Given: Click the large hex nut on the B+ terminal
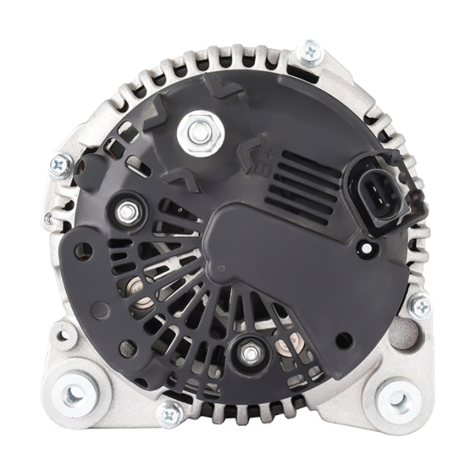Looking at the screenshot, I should coord(195,132).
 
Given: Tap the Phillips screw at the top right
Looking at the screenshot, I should coord(310,52).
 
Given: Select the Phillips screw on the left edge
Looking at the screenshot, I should coord(60,164).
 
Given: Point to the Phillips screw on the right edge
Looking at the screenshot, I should coord(419,305).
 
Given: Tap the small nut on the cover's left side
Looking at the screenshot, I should coord(126,212).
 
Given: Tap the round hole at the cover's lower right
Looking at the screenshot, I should coord(343,340).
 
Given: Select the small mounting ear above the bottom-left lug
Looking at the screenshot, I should coord(63,333).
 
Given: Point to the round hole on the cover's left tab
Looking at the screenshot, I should coord(83,252).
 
